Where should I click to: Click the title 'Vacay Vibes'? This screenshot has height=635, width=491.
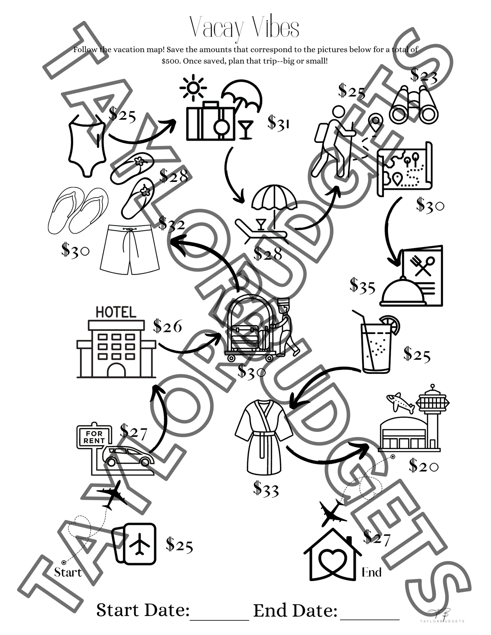[244, 28]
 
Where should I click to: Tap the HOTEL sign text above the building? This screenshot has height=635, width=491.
[116, 312]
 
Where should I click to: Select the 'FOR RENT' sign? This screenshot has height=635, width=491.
[94, 437]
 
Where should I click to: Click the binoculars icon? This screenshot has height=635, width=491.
[414, 105]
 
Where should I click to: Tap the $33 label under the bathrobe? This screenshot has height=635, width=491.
[266, 489]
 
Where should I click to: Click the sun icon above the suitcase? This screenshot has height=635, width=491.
[193, 88]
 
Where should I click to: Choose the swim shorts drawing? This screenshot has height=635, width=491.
[130, 249]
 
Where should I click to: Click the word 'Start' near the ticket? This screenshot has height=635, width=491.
[68, 572]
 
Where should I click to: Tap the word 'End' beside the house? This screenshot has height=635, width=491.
[371, 572]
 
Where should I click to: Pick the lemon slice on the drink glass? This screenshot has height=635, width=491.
[392, 324]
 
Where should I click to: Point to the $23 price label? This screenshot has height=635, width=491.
[424, 75]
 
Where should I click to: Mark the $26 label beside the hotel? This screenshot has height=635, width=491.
[168, 326]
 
